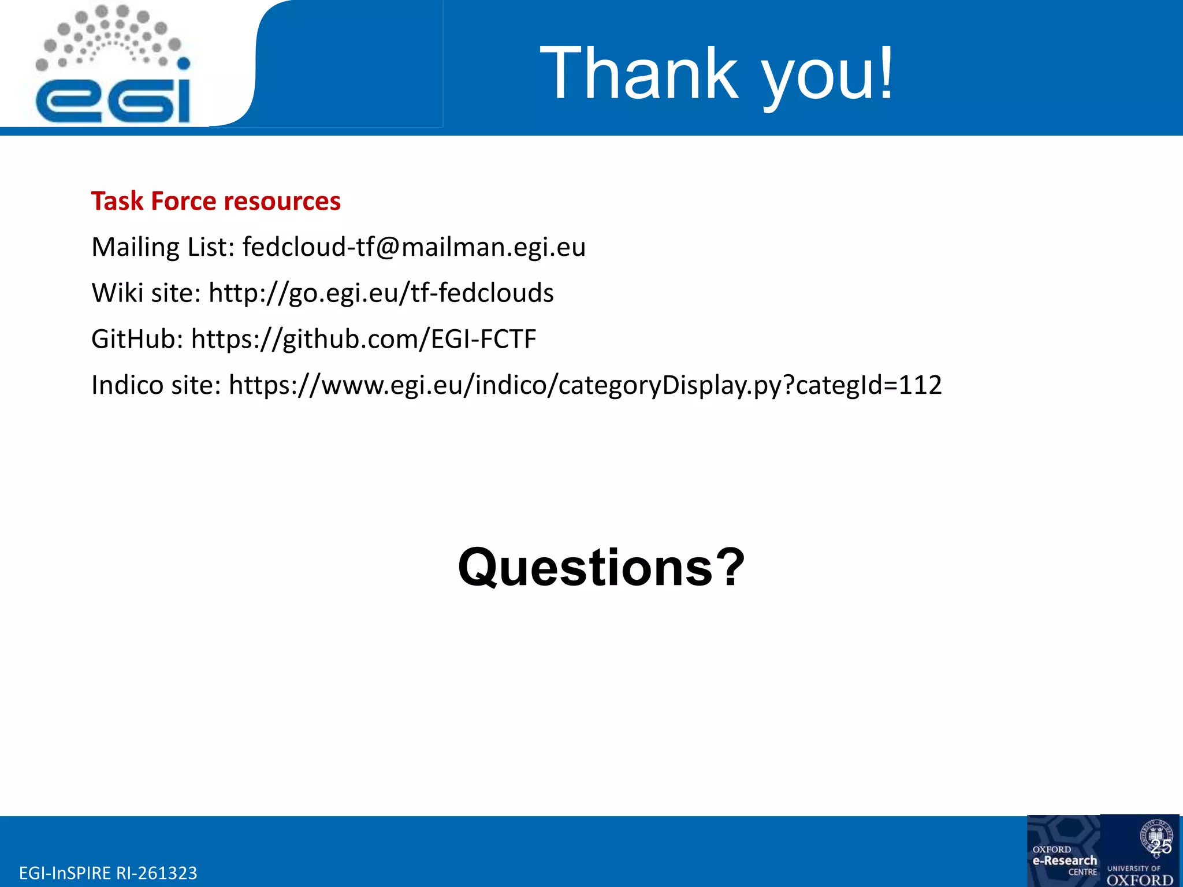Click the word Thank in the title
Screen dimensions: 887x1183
point(639,74)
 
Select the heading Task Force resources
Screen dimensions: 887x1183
point(215,202)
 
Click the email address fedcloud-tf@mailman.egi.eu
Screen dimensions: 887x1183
point(414,247)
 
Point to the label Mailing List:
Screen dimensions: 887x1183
point(163,247)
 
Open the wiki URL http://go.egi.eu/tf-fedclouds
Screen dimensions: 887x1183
point(381,293)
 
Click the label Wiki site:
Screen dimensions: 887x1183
point(146,293)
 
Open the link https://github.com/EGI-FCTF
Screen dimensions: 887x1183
point(363,339)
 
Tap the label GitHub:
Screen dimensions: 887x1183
point(137,339)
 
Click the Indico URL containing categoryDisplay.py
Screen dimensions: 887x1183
point(585,385)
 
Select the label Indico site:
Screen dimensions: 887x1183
point(156,385)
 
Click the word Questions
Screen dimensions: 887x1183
point(586,568)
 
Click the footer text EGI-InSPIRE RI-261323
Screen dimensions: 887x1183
point(108,873)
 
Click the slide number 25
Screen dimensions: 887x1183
point(1161,847)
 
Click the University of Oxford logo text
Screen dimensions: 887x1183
point(1140,875)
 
